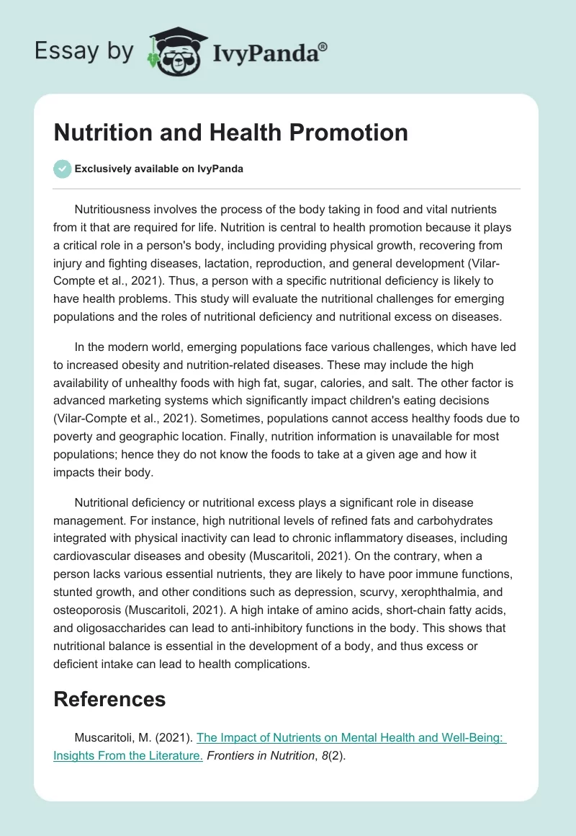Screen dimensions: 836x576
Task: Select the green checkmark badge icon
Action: pyautogui.click(x=63, y=169)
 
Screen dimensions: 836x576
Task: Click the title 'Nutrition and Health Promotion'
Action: pyautogui.click(x=230, y=132)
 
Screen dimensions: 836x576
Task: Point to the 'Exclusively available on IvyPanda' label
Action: pyautogui.click(x=158, y=169)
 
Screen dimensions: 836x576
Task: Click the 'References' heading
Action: pyautogui.click(x=109, y=698)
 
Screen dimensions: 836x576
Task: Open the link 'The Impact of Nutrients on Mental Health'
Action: pyautogui.click(x=351, y=737)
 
